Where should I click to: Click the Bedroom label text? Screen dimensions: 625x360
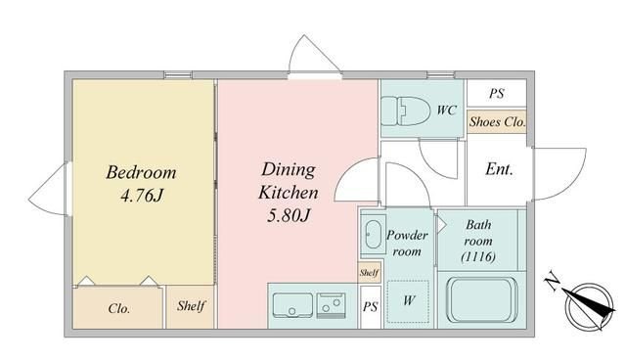click(x=141, y=173)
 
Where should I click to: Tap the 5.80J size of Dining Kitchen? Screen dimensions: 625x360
click(x=289, y=215)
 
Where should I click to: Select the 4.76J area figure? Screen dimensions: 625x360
click(x=142, y=196)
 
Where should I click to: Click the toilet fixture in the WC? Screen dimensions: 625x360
click(x=405, y=111)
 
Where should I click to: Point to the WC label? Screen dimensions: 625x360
click(x=446, y=110)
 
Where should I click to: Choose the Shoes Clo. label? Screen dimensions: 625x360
click(x=497, y=121)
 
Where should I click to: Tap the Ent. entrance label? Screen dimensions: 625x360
click(x=499, y=169)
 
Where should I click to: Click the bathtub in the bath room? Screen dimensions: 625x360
click(x=482, y=299)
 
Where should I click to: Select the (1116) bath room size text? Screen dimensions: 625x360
click(x=478, y=256)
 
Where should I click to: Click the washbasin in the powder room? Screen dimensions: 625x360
click(x=373, y=235)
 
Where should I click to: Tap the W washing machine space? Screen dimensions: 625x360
click(x=408, y=301)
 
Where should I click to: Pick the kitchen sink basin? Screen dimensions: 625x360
click(x=292, y=305)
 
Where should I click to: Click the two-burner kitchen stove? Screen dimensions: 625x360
click(x=331, y=305)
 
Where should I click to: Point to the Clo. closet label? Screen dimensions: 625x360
click(x=118, y=308)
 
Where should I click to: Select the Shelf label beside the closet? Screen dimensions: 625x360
click(x=191, y=306)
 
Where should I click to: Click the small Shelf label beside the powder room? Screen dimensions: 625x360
click(x=369, y=273)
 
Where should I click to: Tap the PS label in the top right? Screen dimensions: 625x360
click(x=497, y=93)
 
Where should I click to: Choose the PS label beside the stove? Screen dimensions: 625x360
click(x=370, y=306)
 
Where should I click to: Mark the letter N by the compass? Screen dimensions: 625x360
click(x=553, y=281)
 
